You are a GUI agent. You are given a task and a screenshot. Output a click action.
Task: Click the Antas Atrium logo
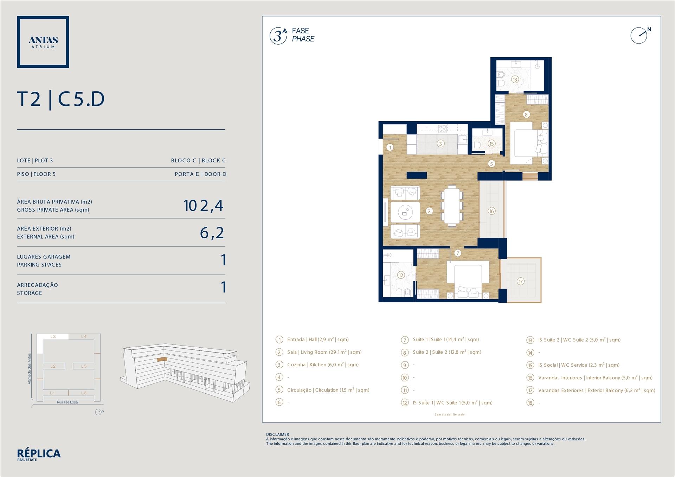pyautogui.click(x=43, y=42)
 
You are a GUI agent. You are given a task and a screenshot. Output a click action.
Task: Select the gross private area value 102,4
pyautogui.click(x=203, y=206)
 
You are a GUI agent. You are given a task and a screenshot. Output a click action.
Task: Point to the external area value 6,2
pyautogui.click(x=212, y=233)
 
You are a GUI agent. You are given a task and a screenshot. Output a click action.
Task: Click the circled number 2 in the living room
pyautogui.click(x=429, y=211)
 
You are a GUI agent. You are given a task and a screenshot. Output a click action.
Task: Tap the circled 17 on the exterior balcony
pyautogui.click(x=520, y=281)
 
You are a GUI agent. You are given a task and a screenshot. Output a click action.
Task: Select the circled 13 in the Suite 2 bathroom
pyautogui.click(x=515, y=79)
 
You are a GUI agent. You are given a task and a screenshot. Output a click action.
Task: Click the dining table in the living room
pyautogui.click(x=451, y=206)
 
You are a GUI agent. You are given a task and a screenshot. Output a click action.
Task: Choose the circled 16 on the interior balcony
pyautogui.click(x=491, y=211)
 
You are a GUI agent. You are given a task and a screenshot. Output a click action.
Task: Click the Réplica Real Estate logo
pyautogui.click(x=39, y=455)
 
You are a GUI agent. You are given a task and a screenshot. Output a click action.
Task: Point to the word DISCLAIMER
pyautogui.click(x=277, y=434)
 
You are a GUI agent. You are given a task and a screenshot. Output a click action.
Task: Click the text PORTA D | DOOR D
pyautogui.click(x=200, y=174)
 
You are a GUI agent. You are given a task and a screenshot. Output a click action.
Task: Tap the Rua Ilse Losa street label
pyautogui.click(x=67, y=402)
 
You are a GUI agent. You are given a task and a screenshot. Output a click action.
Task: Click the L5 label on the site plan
pyautogui.click(x=84, y=366)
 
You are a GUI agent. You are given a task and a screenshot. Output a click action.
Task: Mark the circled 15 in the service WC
pyautogui.click(x=491, y=143)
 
